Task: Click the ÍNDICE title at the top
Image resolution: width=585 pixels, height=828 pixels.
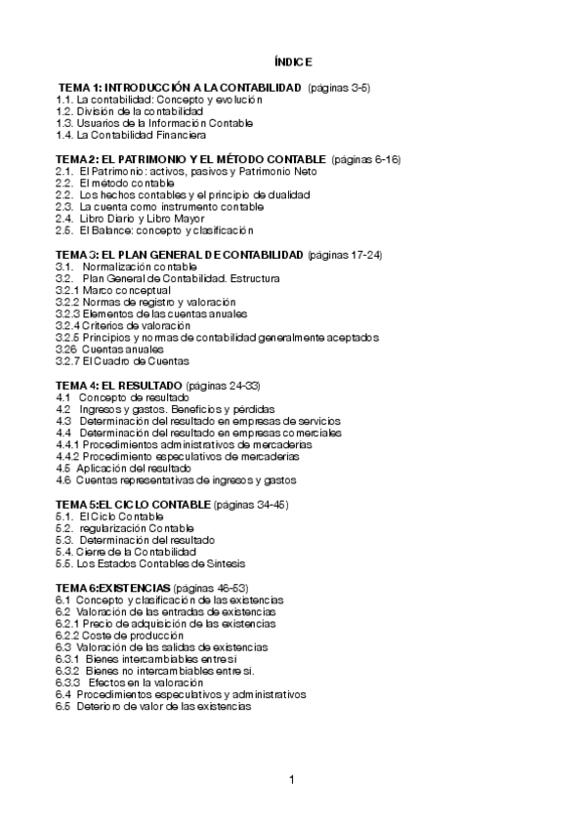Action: (293, 61)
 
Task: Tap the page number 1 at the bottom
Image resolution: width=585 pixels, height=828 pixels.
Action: (291, 779)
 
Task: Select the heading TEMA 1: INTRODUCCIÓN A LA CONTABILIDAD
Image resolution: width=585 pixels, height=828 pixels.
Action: (180, 88)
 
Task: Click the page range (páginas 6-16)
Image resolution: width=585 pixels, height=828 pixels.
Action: (367, 158)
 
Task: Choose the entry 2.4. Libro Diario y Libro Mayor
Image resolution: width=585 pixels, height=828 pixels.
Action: (137, 219)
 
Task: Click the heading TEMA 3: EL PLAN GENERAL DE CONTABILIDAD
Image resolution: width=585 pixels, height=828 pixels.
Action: (180, 255)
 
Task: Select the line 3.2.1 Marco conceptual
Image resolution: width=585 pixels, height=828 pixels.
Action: (113, 290)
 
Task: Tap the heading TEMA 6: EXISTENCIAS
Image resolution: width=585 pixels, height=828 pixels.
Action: (111, 588)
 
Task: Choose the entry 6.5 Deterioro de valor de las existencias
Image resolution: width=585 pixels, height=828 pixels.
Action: (153, 706)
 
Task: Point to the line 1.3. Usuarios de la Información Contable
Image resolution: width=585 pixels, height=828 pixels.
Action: (154, 123)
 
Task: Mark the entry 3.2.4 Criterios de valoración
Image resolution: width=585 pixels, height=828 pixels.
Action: (123, 325)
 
